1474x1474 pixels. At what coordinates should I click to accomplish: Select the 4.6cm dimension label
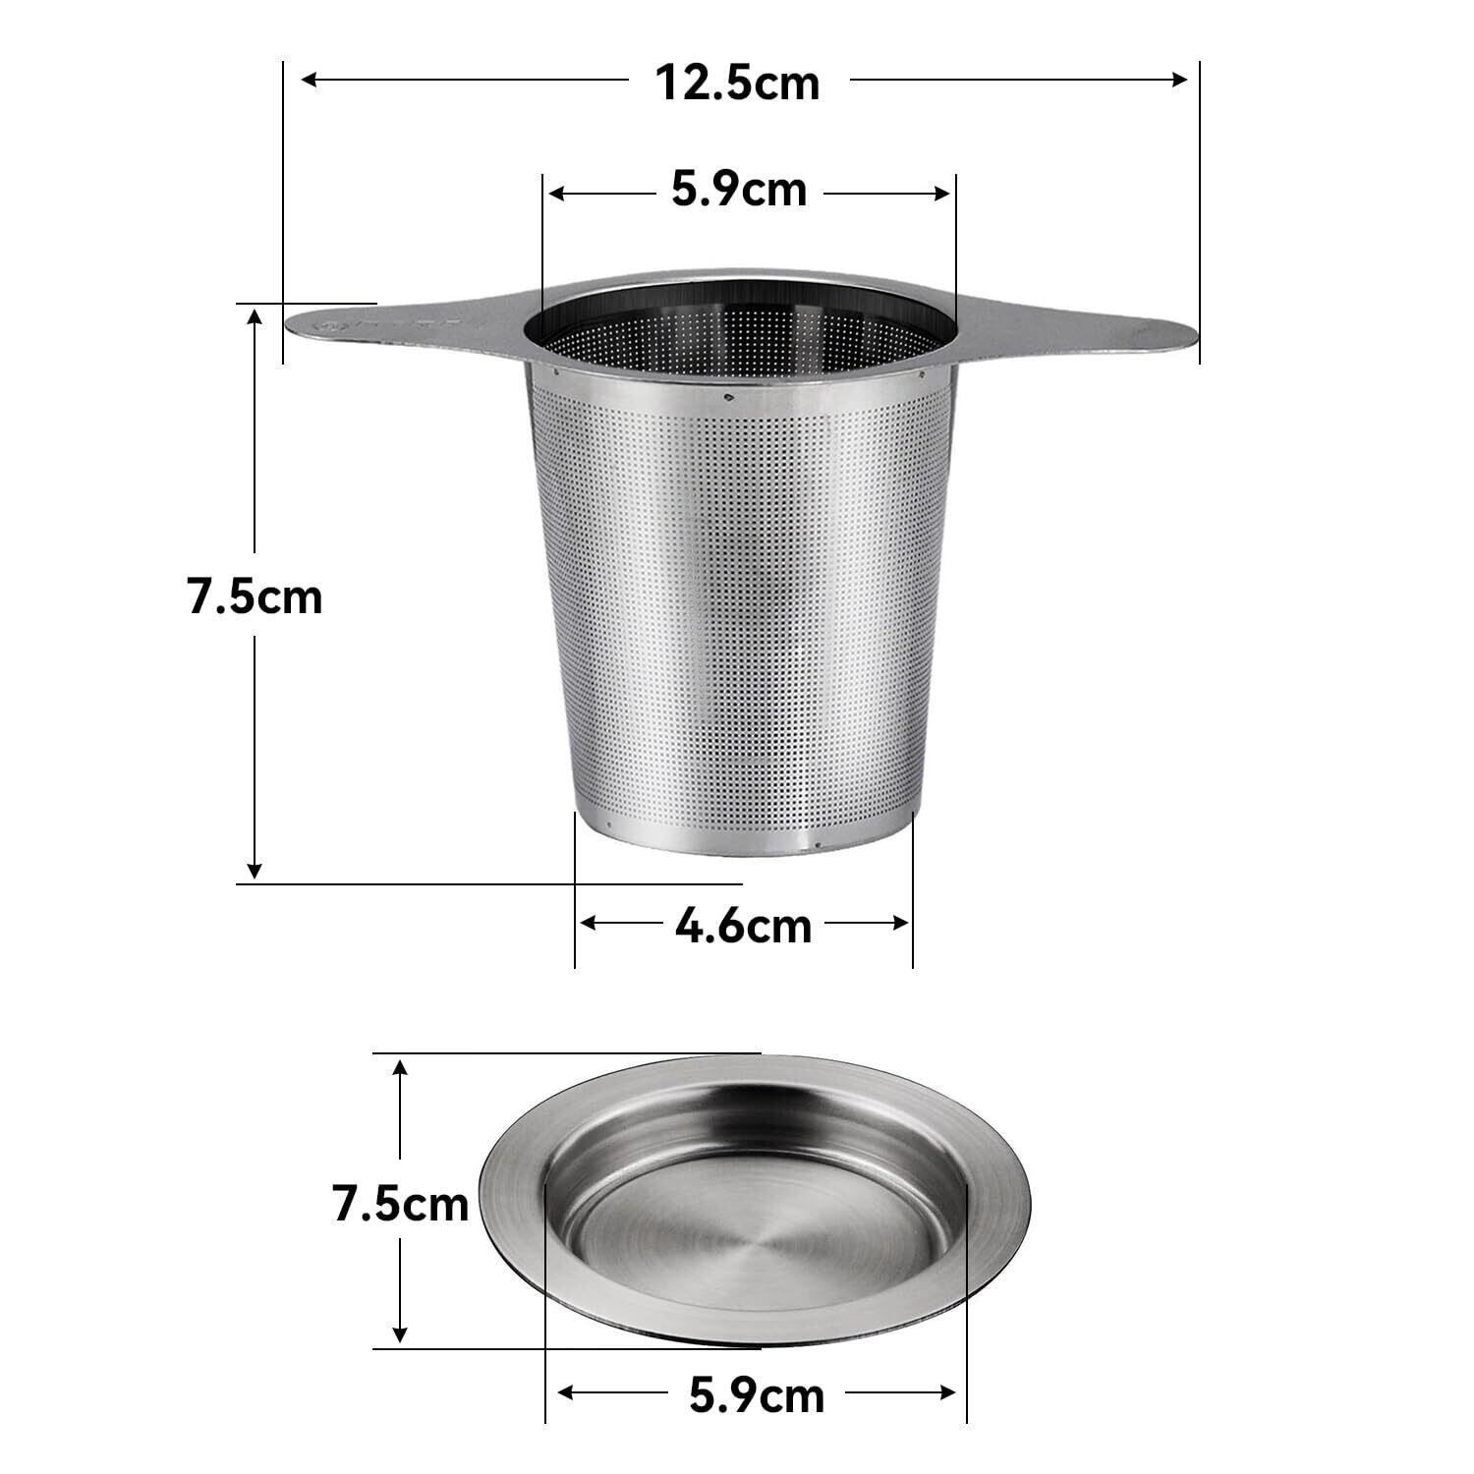(x=743, y=925)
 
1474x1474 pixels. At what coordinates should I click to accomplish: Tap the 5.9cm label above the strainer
(x=739, y=190)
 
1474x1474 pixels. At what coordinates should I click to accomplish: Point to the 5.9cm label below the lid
(x=757, y=1394)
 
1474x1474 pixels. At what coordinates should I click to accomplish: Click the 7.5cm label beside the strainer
(x=255, y=596)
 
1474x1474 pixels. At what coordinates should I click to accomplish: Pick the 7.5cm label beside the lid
(x=401, y=1204)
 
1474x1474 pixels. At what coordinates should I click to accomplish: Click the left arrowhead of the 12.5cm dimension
(x=309, y=80)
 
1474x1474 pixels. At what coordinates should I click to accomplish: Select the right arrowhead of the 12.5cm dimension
(x=1180, y=80)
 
